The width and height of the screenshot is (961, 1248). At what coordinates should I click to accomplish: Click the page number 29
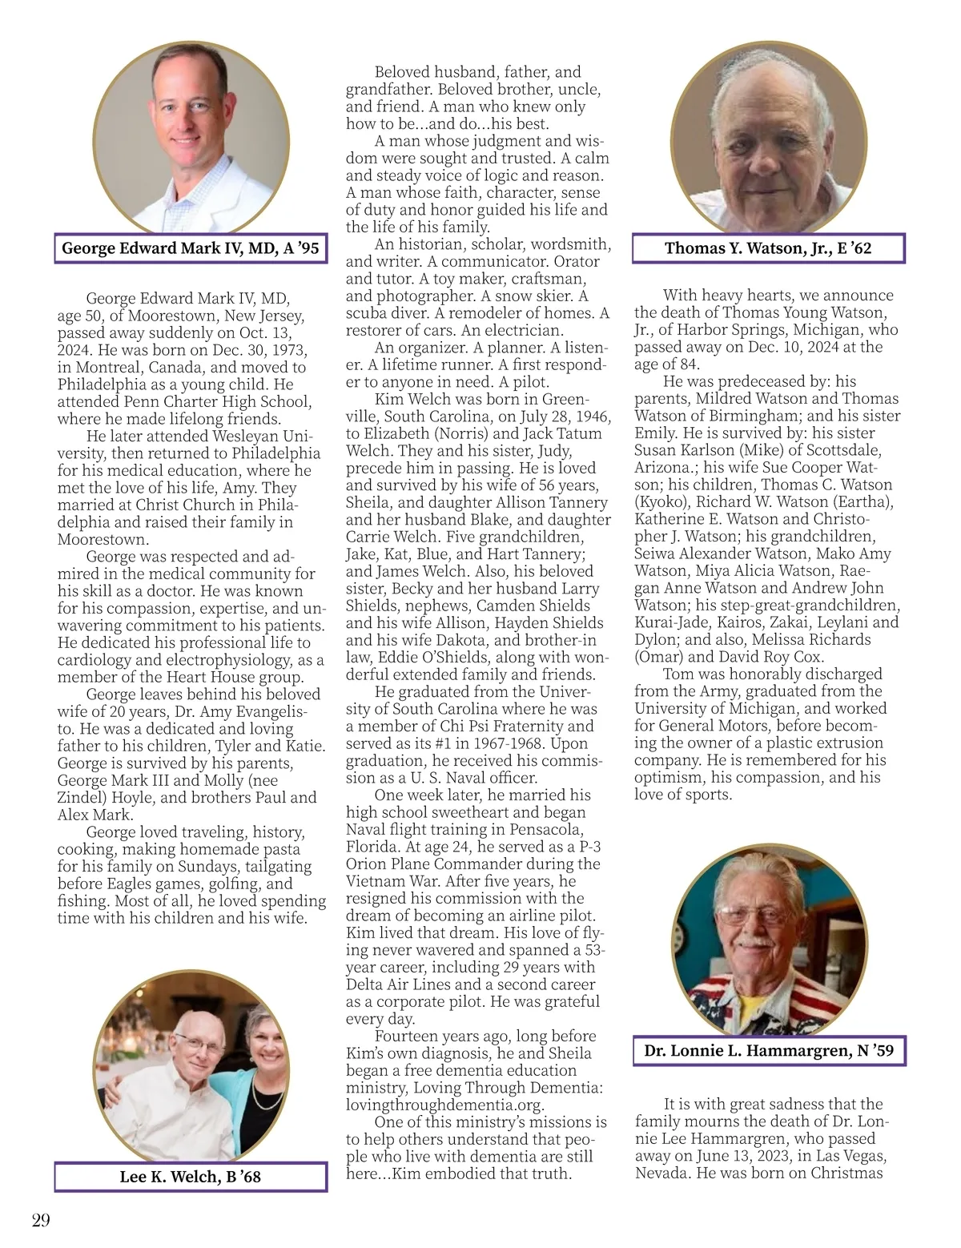[41, 1220]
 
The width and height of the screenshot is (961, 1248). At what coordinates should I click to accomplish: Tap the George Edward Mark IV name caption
[191, 248]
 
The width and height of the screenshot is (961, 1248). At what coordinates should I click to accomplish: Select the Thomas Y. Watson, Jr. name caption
[768, 248]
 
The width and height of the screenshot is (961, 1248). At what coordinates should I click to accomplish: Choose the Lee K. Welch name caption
[191, 1176]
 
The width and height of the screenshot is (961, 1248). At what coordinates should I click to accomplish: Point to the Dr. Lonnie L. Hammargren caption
[768, 1050]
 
